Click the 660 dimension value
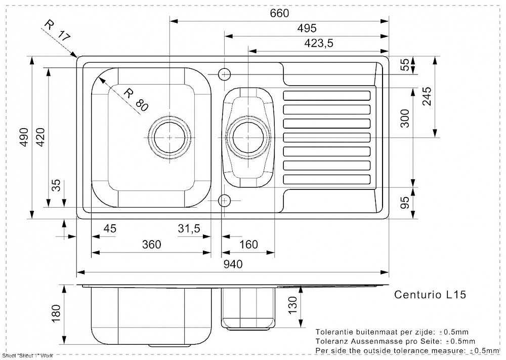pos(279,13)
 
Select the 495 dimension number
pos(307,28)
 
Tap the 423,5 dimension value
pos(318,43)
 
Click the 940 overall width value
pos(233,264)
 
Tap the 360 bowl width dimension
pos(151,245)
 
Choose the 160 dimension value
pos(248,245)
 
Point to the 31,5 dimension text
pos(189,229)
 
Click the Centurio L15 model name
pos(430,294)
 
